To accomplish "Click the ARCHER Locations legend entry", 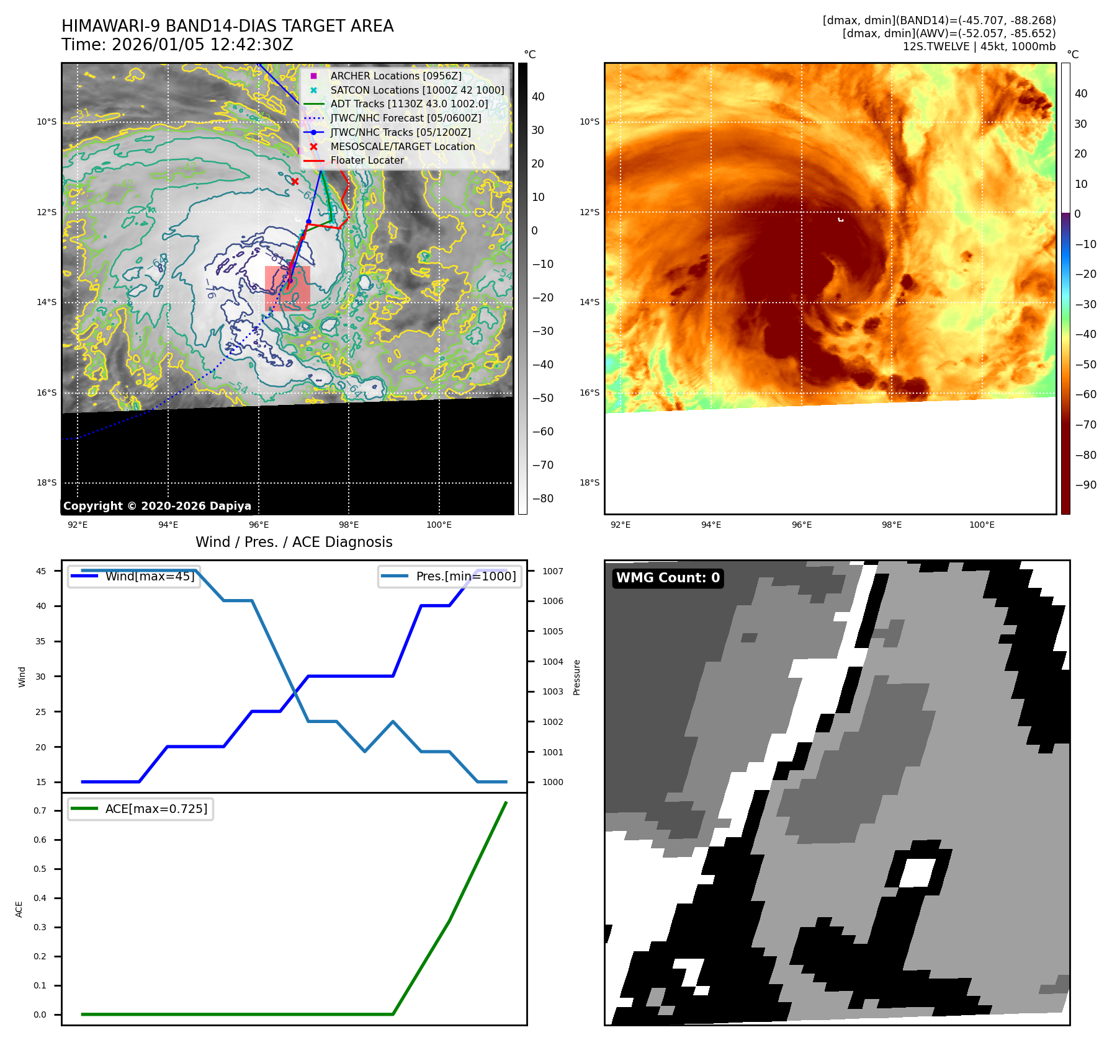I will [x=395, y=76].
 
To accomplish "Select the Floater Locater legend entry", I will [x=367, y=160].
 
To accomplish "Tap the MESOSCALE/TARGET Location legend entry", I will [x=402, y=146].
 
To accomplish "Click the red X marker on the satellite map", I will [x=295, y=182].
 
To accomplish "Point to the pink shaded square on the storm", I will [x=287, y=289].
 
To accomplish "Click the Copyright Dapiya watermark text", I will [x=157, y=506].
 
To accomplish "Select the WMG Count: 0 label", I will [x=668, y=578].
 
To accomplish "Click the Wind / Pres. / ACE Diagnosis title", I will [x=294, y=542].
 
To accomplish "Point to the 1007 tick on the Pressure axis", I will [x=552, y=571].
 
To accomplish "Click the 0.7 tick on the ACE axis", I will [x=40, y=810].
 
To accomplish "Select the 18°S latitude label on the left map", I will [x=47, y=483].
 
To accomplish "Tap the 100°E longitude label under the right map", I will [x=982, y=525].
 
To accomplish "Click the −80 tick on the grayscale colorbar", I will [x=543, y=499].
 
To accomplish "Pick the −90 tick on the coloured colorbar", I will [x=1085, y=485].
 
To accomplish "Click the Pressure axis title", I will [x=576, y=677].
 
